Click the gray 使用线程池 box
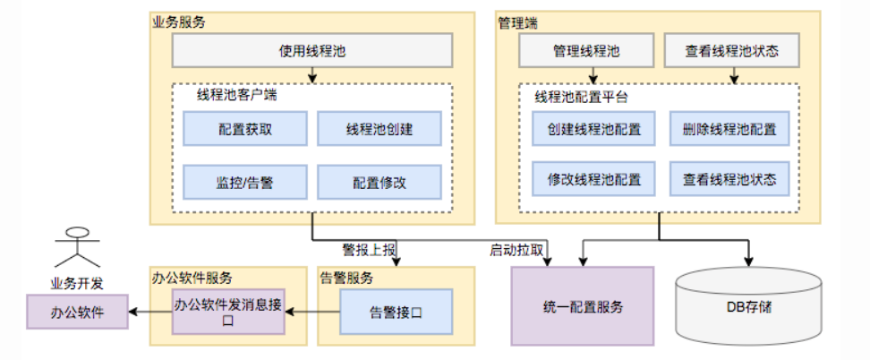click(312, 52)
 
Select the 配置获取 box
click(245, 129)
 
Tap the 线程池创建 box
click(380, 129)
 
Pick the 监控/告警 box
click(245, 182)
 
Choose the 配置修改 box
click(380, 182)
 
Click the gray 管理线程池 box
click(585, 52)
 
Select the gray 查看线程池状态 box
click(732, 52)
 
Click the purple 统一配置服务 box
click(583, 306)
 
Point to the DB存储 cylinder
click(748, 306)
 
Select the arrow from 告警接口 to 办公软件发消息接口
click(311, 312)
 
